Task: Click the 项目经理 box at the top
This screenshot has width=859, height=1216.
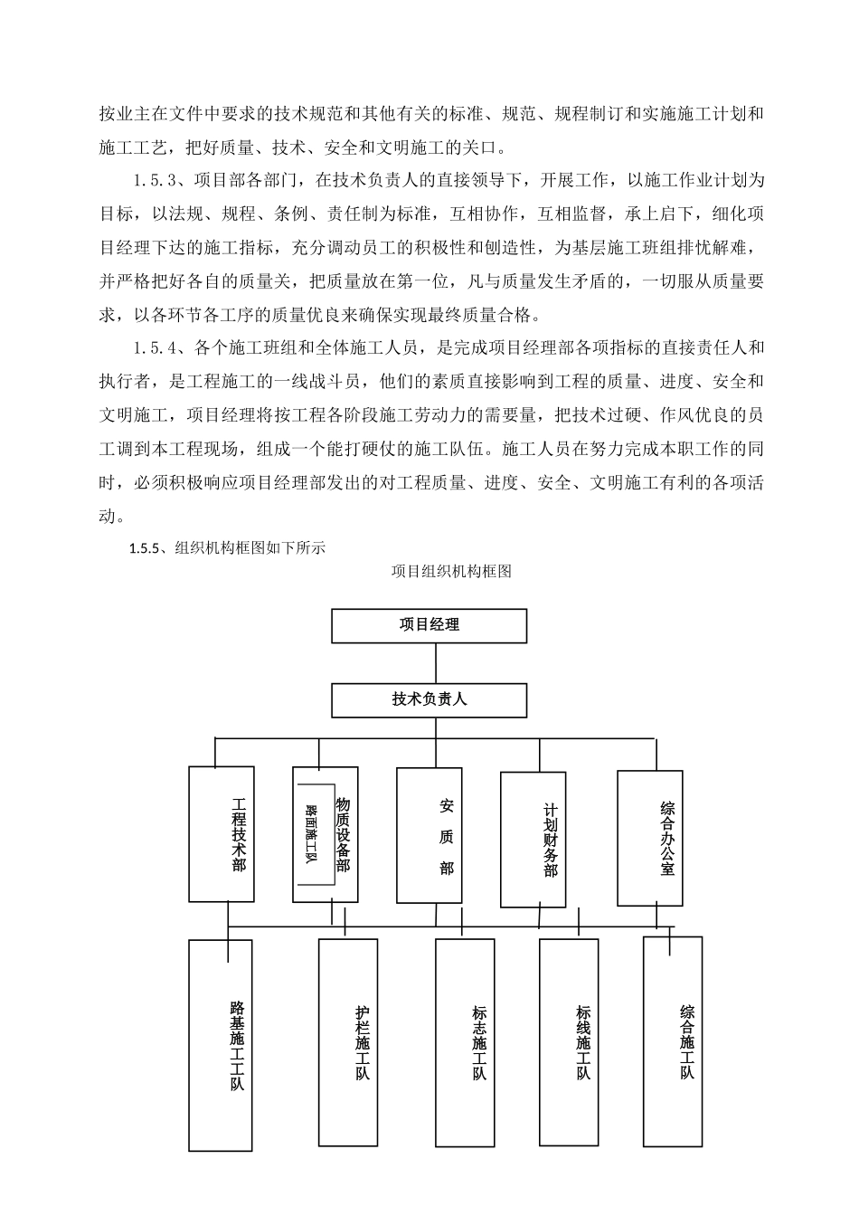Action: click(x=429, y=625)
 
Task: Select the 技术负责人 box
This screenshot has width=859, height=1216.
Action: click(x=429, y=699)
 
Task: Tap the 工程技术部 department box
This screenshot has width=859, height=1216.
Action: click(x=222, y=833)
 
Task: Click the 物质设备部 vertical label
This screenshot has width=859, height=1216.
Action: click(x=343, y=834)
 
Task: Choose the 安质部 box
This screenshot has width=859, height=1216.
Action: click(x=429, y=835)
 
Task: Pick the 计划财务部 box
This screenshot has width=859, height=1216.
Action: click(x=534, y=840)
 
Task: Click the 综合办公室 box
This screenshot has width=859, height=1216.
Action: click(x=650, y=837)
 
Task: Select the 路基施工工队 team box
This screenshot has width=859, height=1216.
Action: click(x=222, y=1045)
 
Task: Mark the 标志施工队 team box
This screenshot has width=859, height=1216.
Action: click(x=465, y=1042)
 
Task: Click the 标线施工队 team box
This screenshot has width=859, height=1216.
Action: click(x=569, y=1042)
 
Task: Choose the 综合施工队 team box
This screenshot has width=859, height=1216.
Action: click(x=673, y=1040)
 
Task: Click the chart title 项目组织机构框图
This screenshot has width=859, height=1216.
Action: click(x=451, y=571)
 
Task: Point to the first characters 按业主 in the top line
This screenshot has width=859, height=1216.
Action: click(x=124, y=114)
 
